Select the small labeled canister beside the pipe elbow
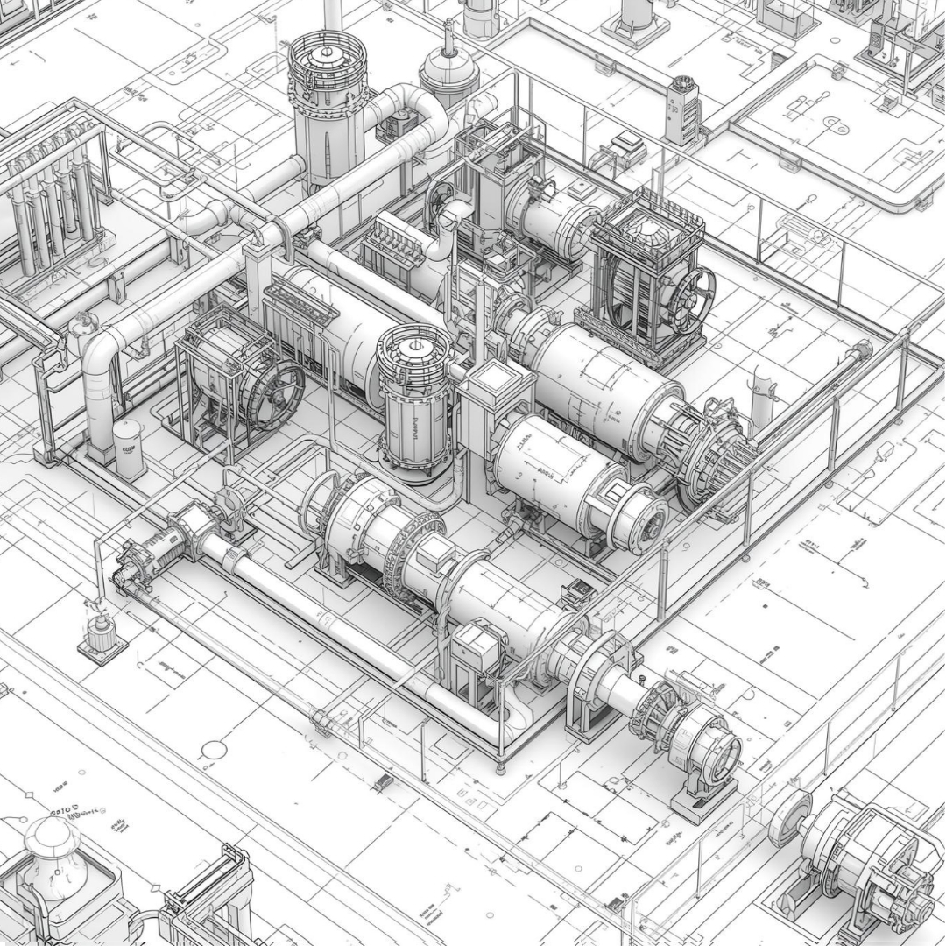click(x=129, y=448)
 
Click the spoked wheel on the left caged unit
click(x=272, y=393)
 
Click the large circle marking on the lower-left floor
click(x=214, y=750)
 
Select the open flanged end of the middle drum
click(x=643, y=518)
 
